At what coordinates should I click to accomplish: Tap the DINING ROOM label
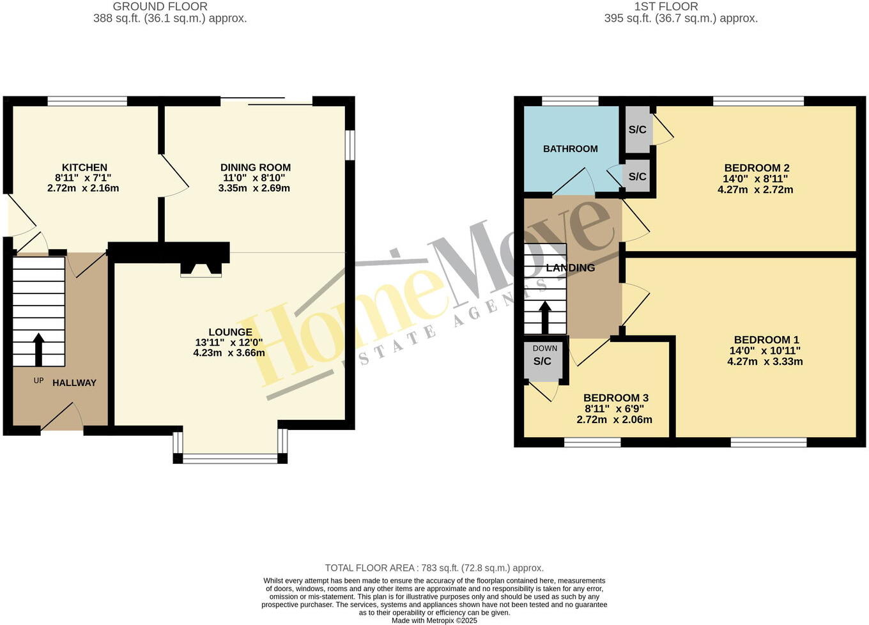click(x=256, y=167)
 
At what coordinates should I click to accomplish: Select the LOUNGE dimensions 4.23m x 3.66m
click(x=229, y=353)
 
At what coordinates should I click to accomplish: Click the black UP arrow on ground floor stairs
click(x=38, y=348)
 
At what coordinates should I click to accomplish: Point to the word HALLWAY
click(x=74, y=383)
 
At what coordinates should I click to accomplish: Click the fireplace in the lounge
click(x=201, y=270)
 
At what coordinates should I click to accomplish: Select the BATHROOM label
click(x=570, y=149)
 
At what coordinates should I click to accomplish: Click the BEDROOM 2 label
click(x=757, y=169)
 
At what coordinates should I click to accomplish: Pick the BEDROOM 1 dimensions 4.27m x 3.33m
click(x=765, y=361)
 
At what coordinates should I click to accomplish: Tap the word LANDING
click(x=571, y=268)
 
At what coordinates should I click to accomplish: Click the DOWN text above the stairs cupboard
click(x=544, y=348)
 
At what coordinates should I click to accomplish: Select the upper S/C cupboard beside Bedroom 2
click(x=637, y=130)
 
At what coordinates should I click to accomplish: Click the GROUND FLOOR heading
click(x=160, y=6)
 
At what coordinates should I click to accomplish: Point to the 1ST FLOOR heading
click(x=666, y=6)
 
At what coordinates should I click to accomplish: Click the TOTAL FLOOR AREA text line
click(x=434, y=567)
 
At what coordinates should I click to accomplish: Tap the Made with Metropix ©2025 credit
click(x=434, y=620)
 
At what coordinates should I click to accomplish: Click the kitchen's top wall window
click(x=88, y=100)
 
